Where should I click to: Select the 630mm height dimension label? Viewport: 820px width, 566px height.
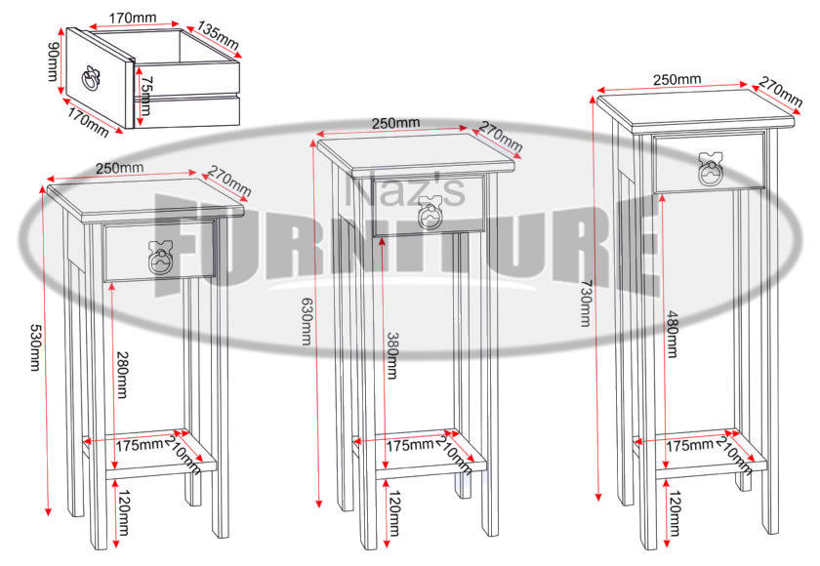306,321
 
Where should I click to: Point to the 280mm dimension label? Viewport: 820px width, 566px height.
122,374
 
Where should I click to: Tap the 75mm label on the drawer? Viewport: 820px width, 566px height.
145,97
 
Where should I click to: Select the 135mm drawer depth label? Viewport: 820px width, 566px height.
219,36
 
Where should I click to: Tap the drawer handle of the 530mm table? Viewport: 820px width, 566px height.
158,257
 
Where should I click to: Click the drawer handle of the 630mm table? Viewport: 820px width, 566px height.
430,211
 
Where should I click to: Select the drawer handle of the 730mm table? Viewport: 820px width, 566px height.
712,169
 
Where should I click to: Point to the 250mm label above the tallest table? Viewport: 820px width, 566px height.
676,79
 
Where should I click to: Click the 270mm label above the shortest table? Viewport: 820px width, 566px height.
228,182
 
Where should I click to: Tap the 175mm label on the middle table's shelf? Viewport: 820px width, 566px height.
411,445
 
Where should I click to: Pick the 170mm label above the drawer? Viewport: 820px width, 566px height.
135,18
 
